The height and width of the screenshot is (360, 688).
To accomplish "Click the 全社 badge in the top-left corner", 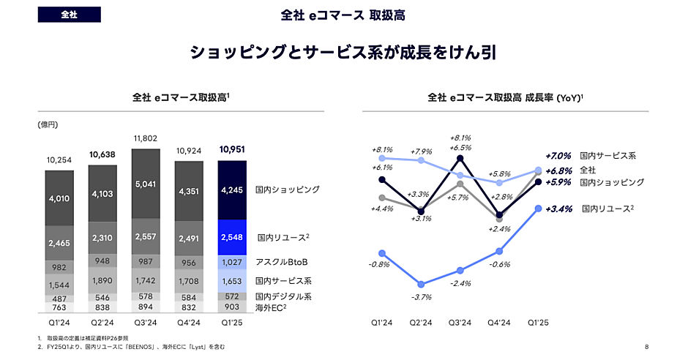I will coord(70,15).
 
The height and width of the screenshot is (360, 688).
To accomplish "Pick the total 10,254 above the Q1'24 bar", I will coord(59,160).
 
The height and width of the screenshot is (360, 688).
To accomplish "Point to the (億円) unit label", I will coord(48,125).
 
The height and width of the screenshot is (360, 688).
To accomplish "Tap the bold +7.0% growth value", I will coord(559,156).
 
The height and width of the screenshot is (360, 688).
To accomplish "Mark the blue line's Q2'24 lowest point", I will coord(421,285).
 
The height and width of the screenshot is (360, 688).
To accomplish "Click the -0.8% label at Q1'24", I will coord(381,264).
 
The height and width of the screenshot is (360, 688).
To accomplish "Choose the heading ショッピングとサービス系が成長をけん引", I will coord(343,54).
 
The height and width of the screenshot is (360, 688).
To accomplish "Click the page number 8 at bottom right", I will coord(647,347).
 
